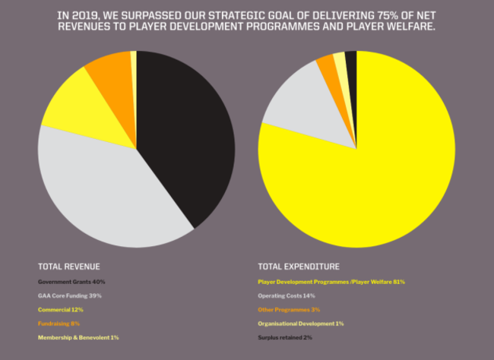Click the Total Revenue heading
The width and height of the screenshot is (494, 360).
69,267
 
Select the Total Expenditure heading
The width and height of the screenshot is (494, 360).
299,267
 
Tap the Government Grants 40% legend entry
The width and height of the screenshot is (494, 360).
71,282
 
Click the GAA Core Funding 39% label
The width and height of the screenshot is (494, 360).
70,295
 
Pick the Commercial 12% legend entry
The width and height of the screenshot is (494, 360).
60,309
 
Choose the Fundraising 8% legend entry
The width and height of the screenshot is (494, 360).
59,323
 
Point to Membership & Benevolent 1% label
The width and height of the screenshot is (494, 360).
78,336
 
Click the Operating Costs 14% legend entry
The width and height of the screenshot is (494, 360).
287,295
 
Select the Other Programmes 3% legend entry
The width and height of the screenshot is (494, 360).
289,309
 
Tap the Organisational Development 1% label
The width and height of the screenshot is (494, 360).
301,323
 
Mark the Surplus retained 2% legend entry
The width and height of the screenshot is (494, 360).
285,336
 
